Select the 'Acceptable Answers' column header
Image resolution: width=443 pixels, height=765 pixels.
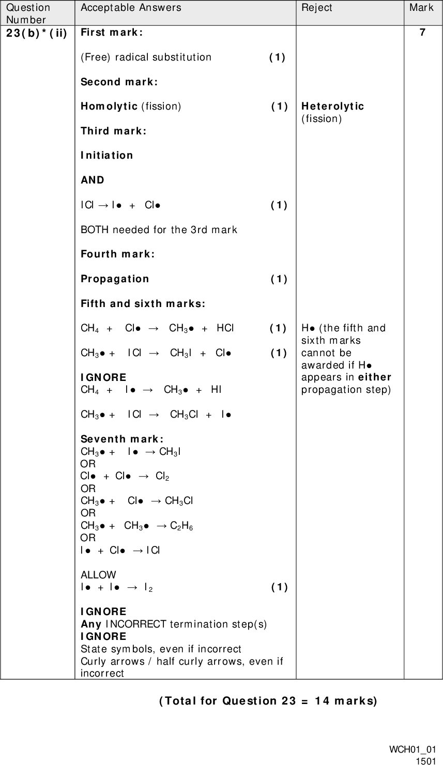pyautogui.click(x=131, y=8)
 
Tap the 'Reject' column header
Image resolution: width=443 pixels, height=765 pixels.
pyautogui.click(x=317, y=8)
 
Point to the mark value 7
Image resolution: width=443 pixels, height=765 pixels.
pyautogui.click(x=423, y=32)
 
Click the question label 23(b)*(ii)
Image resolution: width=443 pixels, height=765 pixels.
pyautogui.click(x=36, y=32)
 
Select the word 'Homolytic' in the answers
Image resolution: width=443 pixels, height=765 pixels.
pyautogui.click(x=109, y=106)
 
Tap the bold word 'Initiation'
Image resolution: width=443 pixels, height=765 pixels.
pyautogui.click(x=107, y=155)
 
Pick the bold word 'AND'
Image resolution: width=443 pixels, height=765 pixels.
pyautogui.click(x=93, y=180)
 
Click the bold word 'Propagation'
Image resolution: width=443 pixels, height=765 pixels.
pyautogui.click(x=115, y=279)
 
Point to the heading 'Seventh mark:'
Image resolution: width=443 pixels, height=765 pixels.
pyautogui.click(x=123, y=439)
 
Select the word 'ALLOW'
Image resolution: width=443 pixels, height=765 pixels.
pyautogui.click(x=98, y=575)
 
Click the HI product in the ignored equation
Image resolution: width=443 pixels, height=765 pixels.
pyautogui.click(x=216, y=389)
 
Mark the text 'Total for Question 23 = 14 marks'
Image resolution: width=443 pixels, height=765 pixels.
pyautogui.click(x=268, y=701)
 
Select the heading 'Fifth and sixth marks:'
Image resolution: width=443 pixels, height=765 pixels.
pyautogui.click(x=143, y=303)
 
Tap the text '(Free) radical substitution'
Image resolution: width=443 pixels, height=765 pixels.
pyautogui.click(x=146, y=57)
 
